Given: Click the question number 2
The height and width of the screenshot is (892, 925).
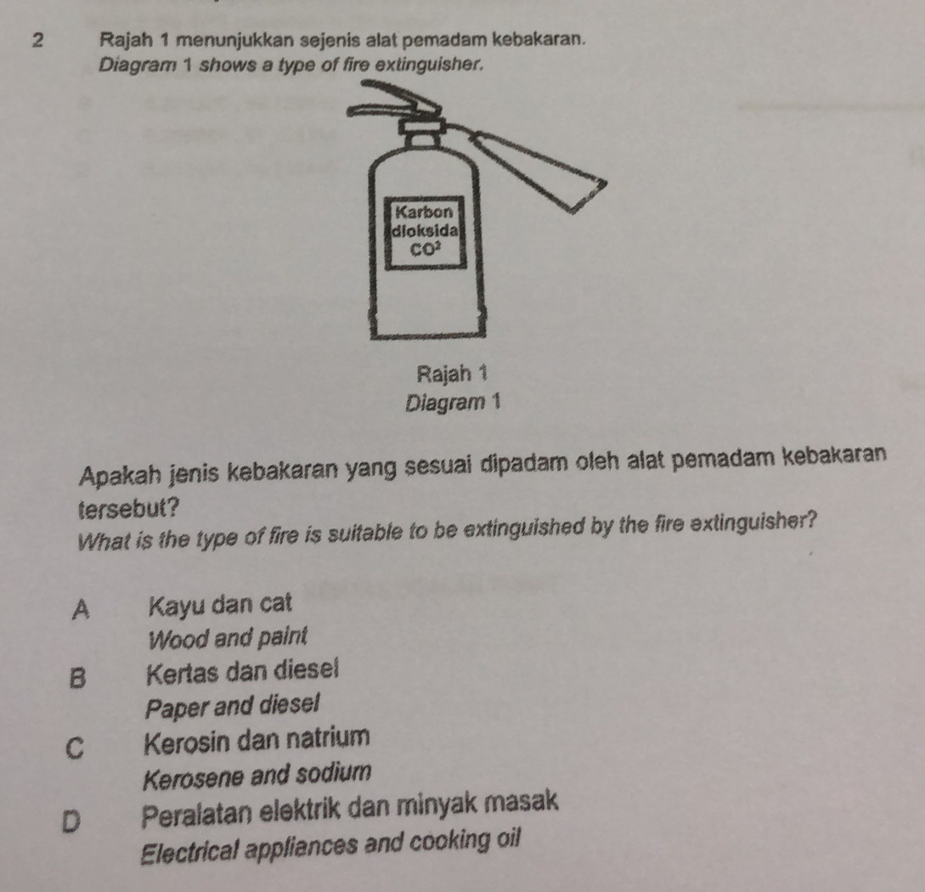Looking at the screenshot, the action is click(37, 40).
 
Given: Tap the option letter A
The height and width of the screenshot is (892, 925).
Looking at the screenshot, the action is click(81, 609).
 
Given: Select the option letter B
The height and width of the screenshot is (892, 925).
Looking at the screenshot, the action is click(77, 677).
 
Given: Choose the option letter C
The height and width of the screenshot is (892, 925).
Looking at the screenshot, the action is click(75, 747).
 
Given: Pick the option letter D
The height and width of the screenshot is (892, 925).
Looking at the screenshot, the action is click(71, 821).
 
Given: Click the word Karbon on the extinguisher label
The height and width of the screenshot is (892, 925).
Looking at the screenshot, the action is click(424, 212).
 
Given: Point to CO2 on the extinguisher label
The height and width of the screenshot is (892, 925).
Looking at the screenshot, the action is click(426, 249).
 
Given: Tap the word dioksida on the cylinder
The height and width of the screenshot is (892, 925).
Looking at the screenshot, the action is click(425, 230).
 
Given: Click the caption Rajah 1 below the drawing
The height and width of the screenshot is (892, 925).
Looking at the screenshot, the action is click(452, 373).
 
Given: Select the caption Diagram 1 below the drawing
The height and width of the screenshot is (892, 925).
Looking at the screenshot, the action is click(453, 403).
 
